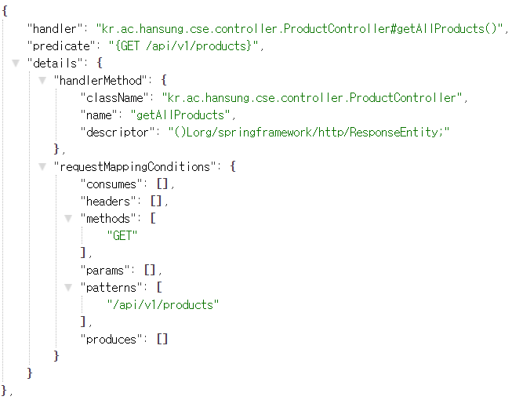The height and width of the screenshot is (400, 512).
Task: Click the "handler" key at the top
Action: click(55, 29)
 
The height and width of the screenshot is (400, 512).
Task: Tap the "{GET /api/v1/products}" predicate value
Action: click(183, 46)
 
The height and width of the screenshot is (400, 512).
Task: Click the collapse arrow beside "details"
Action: click(16, 63)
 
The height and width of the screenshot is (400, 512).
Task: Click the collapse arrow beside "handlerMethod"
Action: click(42, 80)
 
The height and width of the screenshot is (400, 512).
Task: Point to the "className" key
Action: click(114, 97)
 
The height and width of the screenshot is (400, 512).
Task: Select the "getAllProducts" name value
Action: click(180, 115)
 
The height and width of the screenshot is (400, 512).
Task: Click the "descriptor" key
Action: click(118, 133)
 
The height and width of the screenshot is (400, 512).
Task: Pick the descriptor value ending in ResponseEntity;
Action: click(309, 133)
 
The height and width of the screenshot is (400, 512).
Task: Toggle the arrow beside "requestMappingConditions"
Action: click(42, 166)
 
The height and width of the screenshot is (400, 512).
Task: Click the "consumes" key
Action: click(111, 184)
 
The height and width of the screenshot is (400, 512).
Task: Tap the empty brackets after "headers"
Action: click(156, 201)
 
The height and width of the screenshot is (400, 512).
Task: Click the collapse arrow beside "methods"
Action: click(68, 218)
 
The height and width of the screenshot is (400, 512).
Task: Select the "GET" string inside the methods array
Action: click(122, 235)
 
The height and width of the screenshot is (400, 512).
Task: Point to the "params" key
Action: click(105, 271)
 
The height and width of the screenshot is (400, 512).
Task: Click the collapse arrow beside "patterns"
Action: click(68, 287)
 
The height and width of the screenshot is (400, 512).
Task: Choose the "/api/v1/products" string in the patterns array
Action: click(163, 304)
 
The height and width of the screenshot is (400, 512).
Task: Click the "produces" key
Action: click(111, 340)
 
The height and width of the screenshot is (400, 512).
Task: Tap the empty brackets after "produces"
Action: click(162, 340)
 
